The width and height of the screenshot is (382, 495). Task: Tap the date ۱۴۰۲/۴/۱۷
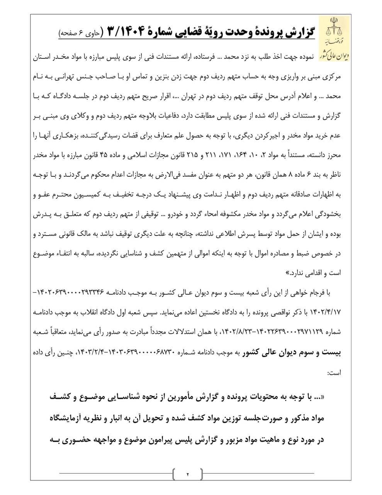(327, 312)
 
